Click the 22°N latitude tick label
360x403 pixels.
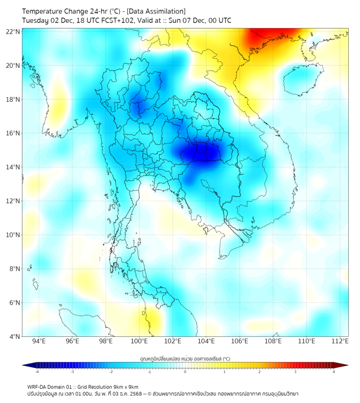click(13, 32)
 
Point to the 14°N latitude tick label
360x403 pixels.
click(13, 167)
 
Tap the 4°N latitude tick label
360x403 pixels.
click(14, 336)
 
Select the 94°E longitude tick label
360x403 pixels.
click(39, 342)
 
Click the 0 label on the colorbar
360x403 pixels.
click(185, 372)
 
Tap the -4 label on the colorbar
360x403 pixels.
click(36, 372)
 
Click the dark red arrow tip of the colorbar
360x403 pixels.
click(345, 365)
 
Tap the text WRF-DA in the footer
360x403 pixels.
click(37, 386)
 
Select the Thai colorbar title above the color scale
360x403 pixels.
click(185, 359)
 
